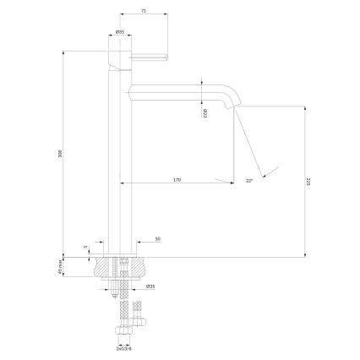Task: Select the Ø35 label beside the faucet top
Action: [x=121, y=32]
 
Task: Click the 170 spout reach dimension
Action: [x=177, y=179]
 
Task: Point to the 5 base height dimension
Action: [x=86, y=248]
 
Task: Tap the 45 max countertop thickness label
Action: [x=59, y=266]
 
